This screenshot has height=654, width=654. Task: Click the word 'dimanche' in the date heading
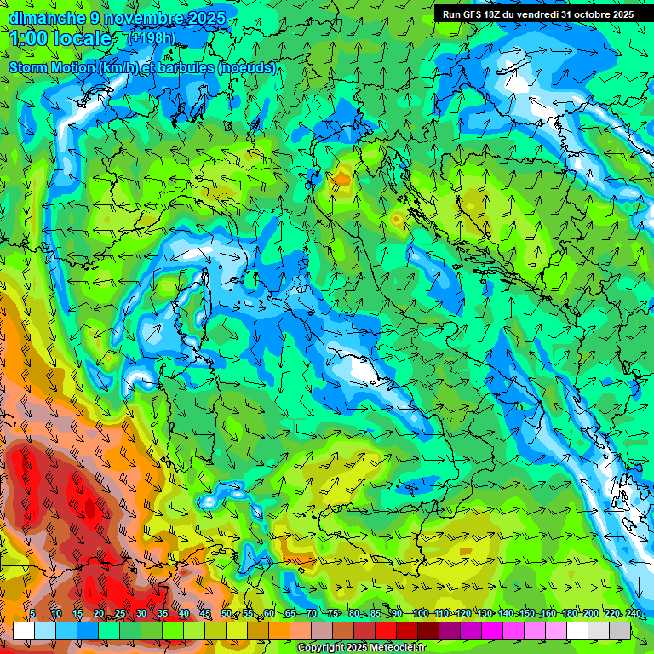point(46,18)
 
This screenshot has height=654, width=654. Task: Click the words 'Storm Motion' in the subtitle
point(51,67)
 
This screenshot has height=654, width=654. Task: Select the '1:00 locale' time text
point(61,39)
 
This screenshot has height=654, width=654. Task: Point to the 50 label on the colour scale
point(226,614)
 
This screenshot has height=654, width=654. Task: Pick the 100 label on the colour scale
point(419,614)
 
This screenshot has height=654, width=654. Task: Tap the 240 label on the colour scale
point(633,614)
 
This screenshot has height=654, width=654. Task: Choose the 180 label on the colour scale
point(568,614)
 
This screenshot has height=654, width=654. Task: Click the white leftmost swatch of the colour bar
point(24,630)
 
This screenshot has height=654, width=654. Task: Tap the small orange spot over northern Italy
point(341,180)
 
